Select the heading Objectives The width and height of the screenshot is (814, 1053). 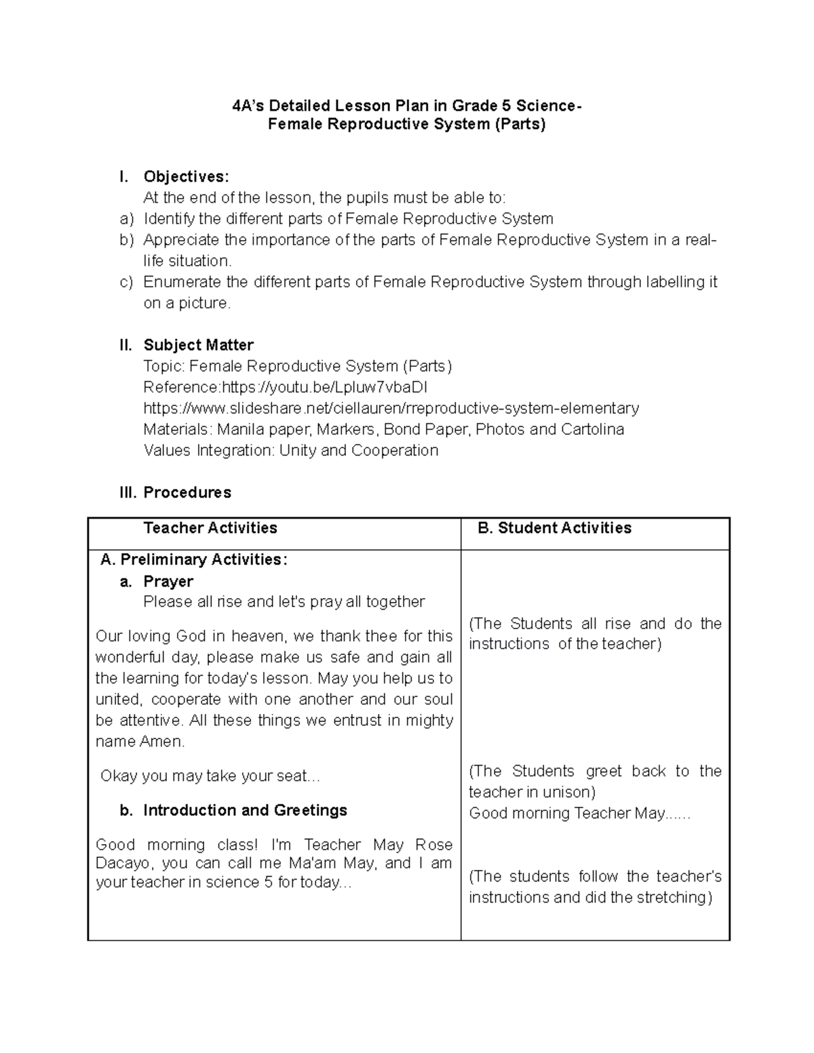pos(186,177)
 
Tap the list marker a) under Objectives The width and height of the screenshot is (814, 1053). pos(127,219)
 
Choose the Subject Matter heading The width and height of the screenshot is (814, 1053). pos(198,345)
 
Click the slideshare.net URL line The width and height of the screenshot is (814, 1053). pos(391,408)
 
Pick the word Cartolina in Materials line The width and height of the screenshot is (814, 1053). pos(592,429)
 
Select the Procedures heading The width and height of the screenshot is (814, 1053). pos(187,493)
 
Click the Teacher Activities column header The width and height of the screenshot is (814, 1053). pos(210,528)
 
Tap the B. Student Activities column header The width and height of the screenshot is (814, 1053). pos(554,528)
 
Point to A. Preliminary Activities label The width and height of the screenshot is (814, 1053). pos(194,559)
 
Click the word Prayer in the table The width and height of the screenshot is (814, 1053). pos(168,582)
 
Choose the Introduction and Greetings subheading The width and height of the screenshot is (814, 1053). pos(245,810)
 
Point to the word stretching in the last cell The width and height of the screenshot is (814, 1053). pos(670,898)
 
